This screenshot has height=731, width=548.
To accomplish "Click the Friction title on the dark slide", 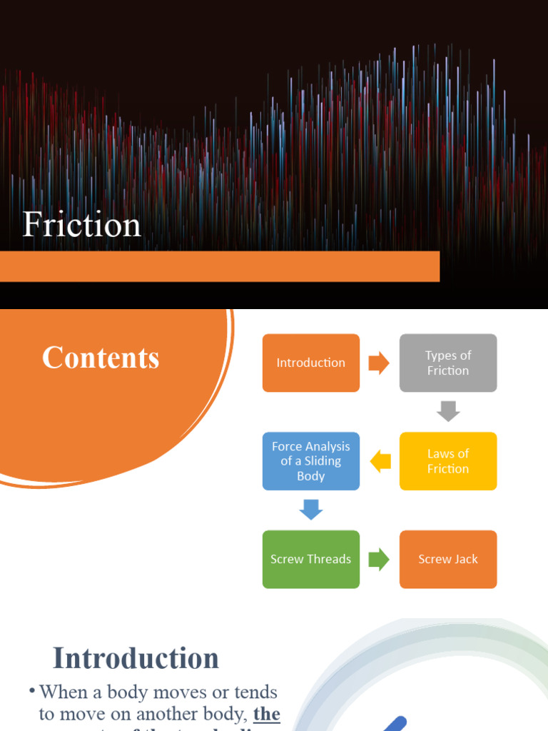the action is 81,225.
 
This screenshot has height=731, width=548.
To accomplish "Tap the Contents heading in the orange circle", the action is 101,358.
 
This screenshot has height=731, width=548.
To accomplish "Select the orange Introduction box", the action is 311,363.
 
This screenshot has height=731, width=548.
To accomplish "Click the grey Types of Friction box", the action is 448,363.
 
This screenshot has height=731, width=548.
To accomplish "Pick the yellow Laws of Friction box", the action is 448,461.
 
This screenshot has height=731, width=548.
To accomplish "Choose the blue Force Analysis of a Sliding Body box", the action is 311,461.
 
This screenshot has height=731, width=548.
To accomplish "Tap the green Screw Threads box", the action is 311,560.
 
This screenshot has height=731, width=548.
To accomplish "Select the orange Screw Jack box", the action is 448,560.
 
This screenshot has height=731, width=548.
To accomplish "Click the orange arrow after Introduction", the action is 379,363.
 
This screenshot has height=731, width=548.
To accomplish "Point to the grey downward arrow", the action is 448,411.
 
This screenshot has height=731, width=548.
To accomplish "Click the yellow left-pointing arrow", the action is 380,462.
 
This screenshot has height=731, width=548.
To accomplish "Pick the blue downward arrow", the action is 311,510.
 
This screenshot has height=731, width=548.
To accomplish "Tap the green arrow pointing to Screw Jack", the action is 379,560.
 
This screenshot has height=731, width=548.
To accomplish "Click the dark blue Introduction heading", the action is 136,657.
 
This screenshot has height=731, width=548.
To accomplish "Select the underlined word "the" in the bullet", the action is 266,714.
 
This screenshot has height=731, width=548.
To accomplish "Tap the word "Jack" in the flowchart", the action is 466,560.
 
